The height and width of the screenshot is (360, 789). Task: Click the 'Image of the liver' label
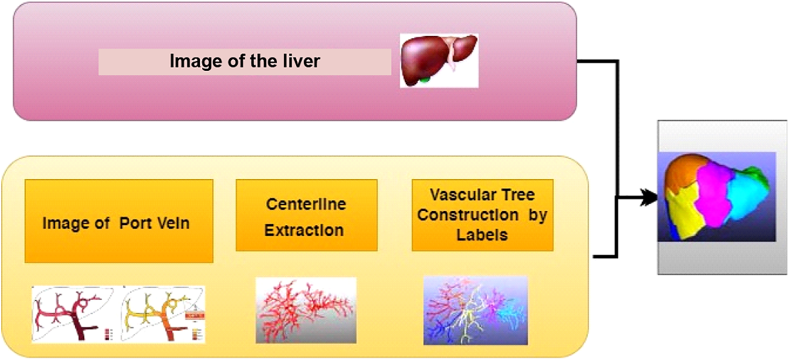[245, 61]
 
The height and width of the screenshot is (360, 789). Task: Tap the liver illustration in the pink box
[439, 60]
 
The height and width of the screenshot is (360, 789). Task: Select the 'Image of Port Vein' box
[119, 221]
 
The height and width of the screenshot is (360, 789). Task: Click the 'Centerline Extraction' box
[307, 215]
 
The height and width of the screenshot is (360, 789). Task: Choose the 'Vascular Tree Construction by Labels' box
[482, 215]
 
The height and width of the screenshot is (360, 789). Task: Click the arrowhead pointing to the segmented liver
[649, 198]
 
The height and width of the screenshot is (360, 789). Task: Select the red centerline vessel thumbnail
[306, 310]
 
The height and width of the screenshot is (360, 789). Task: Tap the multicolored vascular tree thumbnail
[475, 310]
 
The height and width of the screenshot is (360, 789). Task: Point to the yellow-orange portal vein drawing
[163, 314]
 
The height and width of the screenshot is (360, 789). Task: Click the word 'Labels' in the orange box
[482, 235]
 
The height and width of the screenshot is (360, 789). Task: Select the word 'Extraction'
[304, 231]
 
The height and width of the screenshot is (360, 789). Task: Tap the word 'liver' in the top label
[301, 61]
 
